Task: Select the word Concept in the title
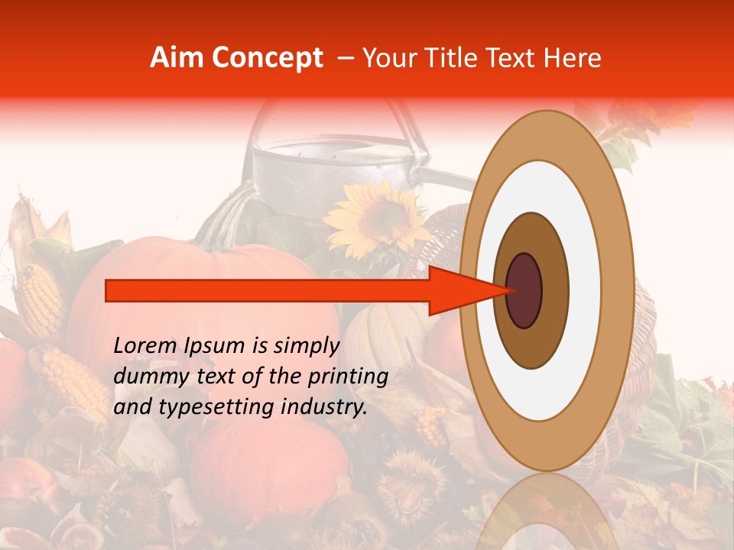(268, 59)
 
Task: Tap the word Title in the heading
(461, 58)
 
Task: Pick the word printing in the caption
(352, 377)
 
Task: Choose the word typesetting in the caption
(205, 408)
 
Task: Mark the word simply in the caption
(306, 347)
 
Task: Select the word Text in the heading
(514, 58)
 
